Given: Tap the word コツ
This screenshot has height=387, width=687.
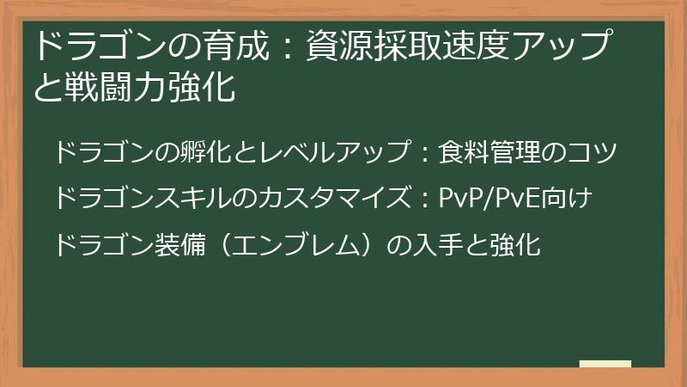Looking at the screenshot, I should click(594, 154).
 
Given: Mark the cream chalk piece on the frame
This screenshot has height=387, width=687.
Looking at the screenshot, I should click(605, 364).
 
